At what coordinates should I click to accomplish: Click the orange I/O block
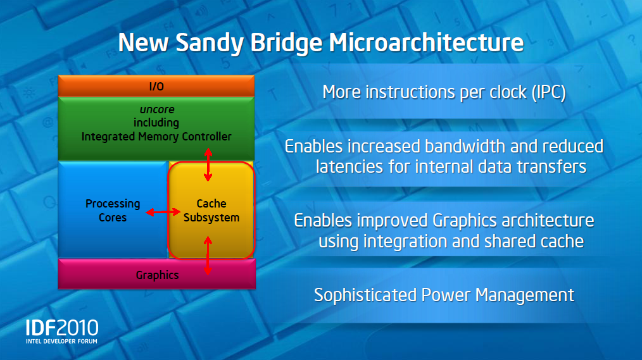pos(156,85)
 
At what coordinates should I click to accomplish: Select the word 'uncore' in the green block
pos(156,109)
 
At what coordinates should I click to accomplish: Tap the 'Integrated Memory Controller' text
pos(156,136)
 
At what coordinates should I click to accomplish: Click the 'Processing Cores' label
pos(113,211)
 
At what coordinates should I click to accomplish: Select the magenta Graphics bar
pos(156,275)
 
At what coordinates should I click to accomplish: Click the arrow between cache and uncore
pos(208,164)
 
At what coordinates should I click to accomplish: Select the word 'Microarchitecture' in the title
pos(427,43)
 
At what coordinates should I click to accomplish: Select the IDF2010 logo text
pos(62,328)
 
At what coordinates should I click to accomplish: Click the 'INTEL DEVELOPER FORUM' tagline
pos(62,341)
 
